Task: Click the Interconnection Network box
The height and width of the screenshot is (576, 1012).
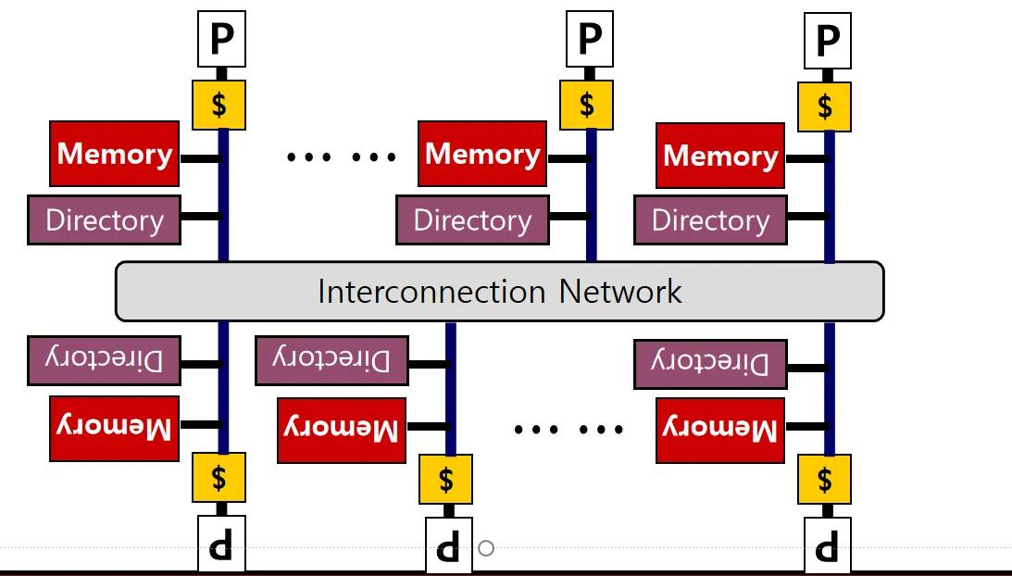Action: [x=499, y=292]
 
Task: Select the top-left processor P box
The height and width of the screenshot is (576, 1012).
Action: [x=222, y=40]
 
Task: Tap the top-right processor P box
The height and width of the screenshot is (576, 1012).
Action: [x=827, y=41]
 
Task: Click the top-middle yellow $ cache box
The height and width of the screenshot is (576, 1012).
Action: [x=586, y=104]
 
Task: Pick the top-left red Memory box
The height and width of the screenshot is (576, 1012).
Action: [x=114, y=154]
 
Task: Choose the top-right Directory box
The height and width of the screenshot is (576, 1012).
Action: [x=710, y=220]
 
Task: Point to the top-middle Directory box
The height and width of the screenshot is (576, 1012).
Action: [x=472, y=220]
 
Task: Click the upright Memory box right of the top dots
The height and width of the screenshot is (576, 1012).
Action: [x=481, y=154]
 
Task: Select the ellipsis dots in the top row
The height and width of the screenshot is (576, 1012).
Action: [x=342, y=157]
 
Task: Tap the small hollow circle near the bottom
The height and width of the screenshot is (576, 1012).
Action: [x=486, y=548]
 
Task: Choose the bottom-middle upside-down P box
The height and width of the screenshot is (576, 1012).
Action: [x=448, y=545]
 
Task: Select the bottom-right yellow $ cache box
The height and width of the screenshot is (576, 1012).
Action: [x=824, y=479]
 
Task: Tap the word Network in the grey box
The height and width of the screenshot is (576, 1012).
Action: [x=620, y=292]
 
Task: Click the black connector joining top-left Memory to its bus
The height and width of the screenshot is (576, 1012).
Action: [x=200, y=158]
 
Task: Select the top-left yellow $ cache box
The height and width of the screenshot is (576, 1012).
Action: [x=219, y=105]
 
